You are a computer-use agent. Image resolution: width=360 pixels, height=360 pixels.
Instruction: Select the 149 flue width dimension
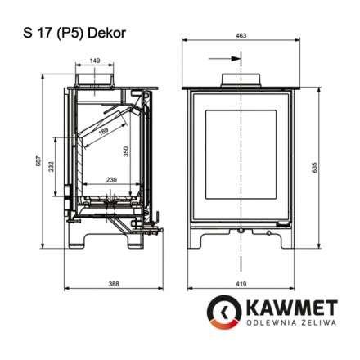pos(96,60)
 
